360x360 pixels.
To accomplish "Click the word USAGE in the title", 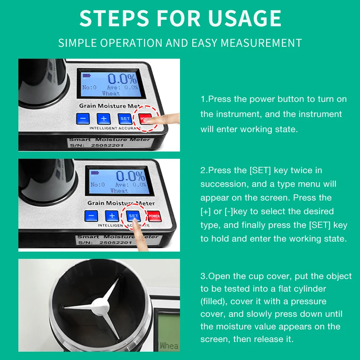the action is (245, 18).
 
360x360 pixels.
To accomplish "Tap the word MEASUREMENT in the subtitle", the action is (261, 43).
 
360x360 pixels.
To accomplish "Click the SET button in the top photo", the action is (125, 119).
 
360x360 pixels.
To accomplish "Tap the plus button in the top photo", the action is (104, 118).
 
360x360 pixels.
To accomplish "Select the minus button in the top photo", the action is (83, 118).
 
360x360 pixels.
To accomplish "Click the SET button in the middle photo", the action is (134, 216).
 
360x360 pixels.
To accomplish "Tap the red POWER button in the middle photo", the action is (154, 216).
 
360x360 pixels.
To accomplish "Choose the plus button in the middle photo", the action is (112, 216).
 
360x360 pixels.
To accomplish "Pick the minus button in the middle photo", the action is (91, 216).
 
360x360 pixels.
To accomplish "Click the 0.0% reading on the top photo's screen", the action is (123, 79).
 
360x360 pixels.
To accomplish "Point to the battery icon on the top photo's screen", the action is (86, 75).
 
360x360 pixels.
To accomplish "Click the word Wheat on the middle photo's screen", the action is (119, 191).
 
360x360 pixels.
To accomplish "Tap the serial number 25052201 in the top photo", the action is (107, 145).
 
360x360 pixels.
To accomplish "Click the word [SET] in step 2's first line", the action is (260, 170).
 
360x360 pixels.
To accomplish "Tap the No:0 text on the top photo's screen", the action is (89, 87).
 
